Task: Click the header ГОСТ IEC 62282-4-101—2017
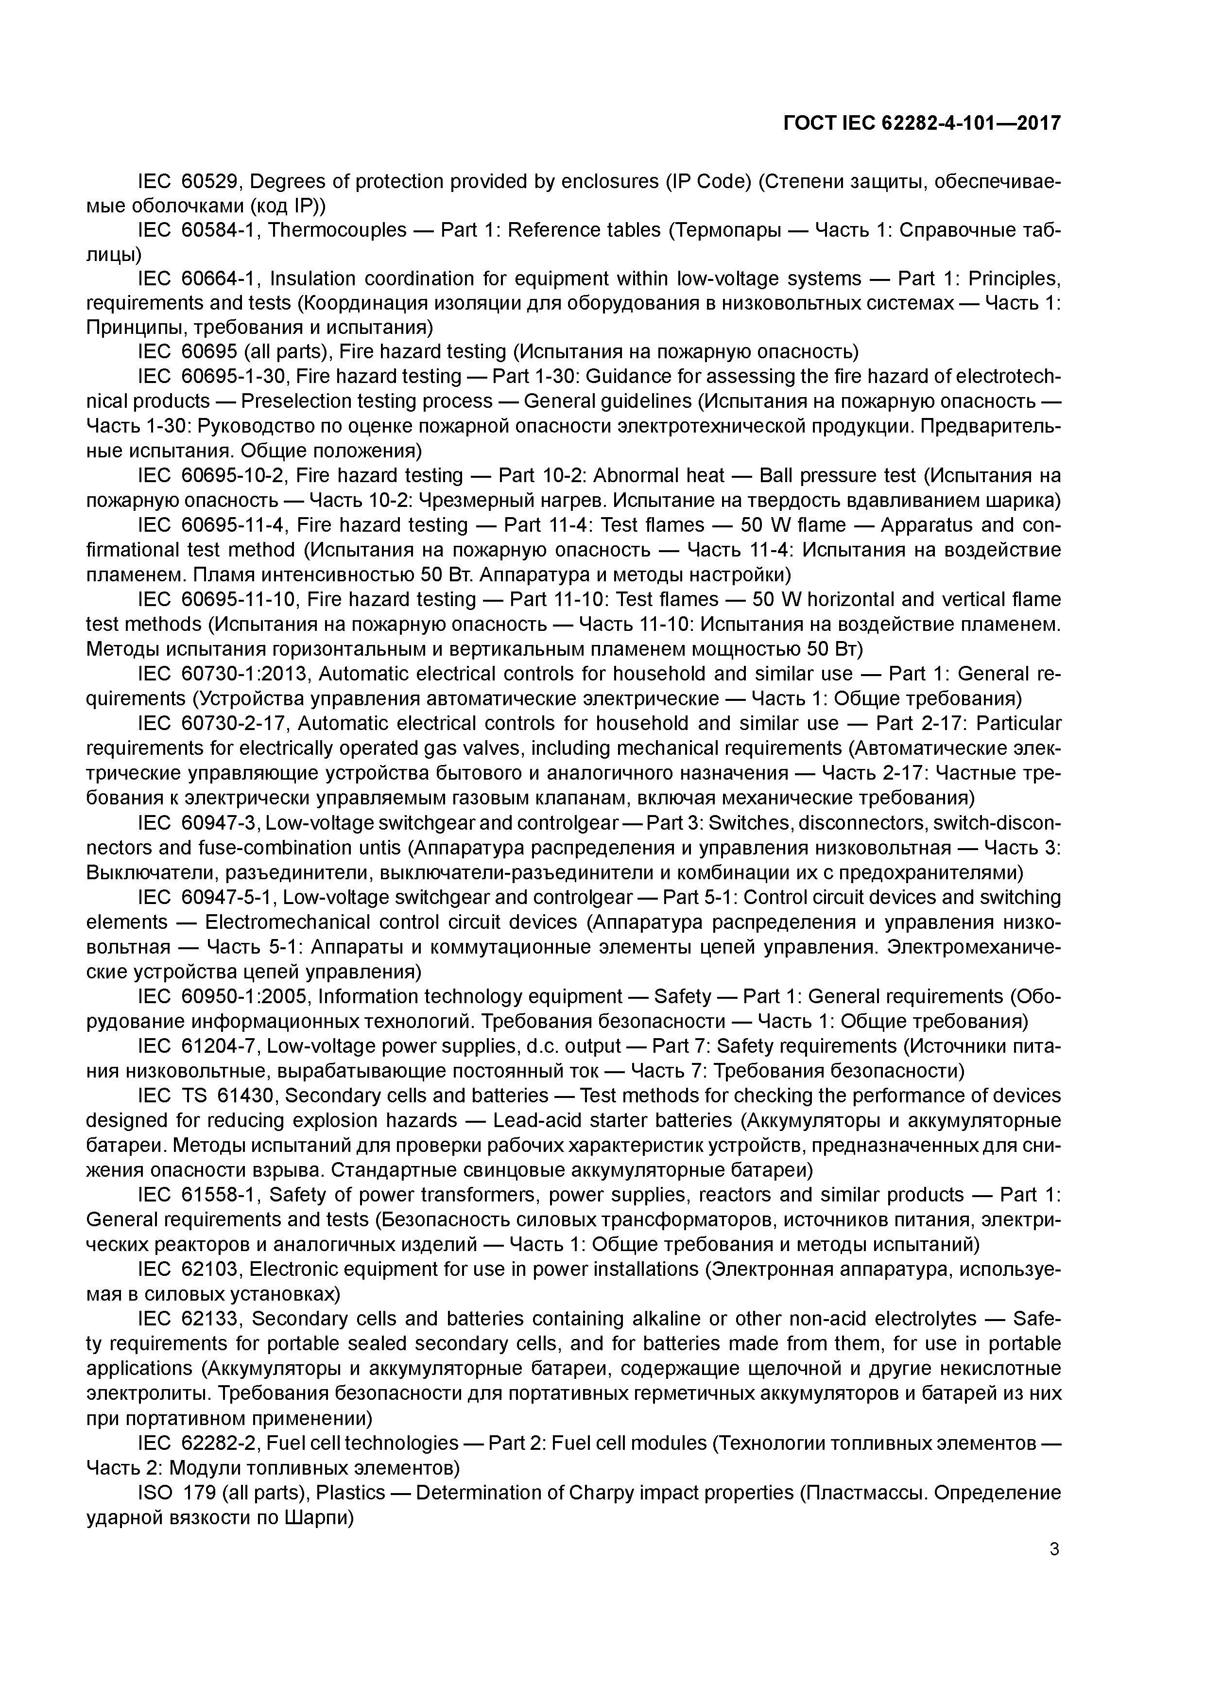point(921,123)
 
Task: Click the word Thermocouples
point(337,230)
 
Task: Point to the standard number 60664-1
point(219,278)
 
